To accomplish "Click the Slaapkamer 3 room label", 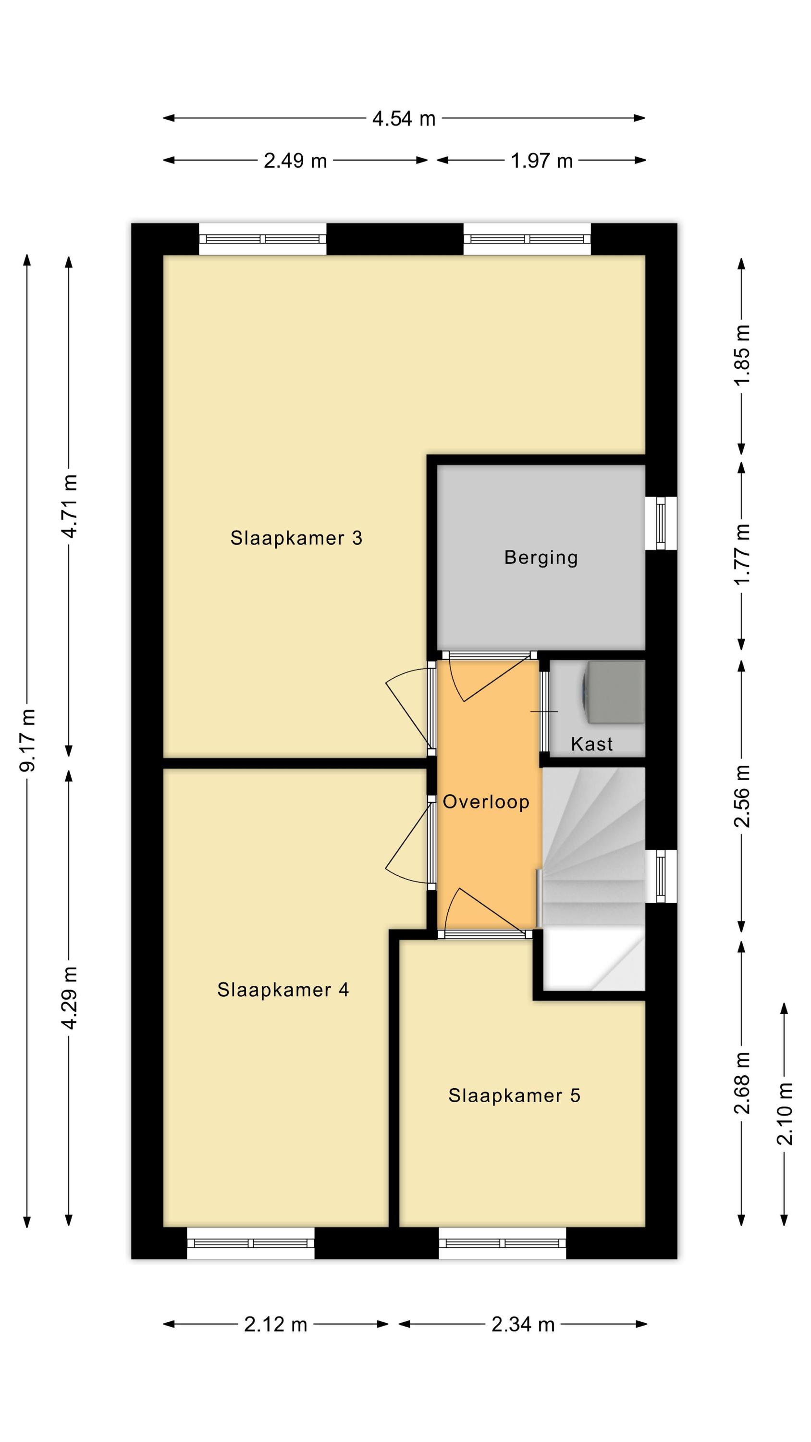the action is tap(296, 538).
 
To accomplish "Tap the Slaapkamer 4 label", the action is tap(283, 990).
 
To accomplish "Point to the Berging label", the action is tap(541, 558).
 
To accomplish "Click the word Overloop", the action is tap(486, 802).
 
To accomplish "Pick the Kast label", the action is tap(591, 745).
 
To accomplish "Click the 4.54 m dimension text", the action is tap(404, 119).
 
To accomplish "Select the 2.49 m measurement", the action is tap(295, 161).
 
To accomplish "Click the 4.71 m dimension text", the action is tap(69, 506).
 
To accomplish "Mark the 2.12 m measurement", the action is tap(276, 1324).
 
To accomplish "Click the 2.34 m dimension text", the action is tap(523, 1324).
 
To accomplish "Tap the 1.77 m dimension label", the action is tap(742, 554).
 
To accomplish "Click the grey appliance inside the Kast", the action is tap(614, 693).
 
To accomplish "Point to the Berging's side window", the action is tap(661, 523).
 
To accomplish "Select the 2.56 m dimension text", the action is tap(742, 796).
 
